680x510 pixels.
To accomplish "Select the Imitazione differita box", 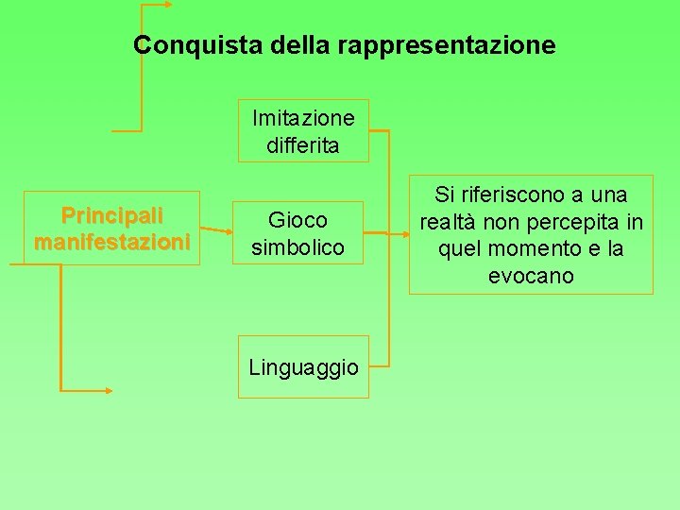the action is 302,131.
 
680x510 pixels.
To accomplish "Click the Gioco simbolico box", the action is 297,233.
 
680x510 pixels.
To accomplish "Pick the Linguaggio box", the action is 303,367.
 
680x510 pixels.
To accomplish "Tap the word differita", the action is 302,146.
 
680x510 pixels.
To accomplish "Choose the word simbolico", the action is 297,247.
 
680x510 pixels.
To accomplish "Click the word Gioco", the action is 297,220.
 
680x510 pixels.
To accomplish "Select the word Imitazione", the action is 303,118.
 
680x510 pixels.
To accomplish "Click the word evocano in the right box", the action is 530,276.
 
